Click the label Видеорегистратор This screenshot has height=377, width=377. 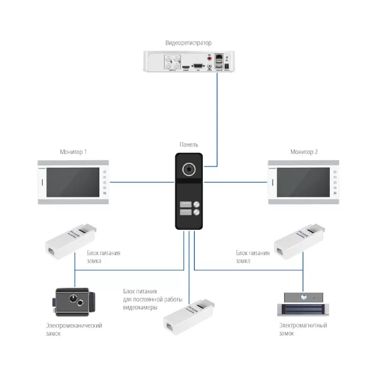click(x=188, y=43)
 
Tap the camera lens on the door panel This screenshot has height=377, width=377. click(x=188, y=170)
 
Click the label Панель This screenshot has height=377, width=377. click(x=188, y=145)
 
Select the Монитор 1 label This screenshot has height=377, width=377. click(x=73, y=152)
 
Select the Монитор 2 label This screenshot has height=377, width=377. click(x=303, y=152)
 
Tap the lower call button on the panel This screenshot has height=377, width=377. click(x=188, y=213)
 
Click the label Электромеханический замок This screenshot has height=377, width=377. click(x=74, y=329)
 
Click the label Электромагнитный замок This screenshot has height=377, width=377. click(x=303, y=329)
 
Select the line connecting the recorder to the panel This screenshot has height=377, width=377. click(x=217, y=113)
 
